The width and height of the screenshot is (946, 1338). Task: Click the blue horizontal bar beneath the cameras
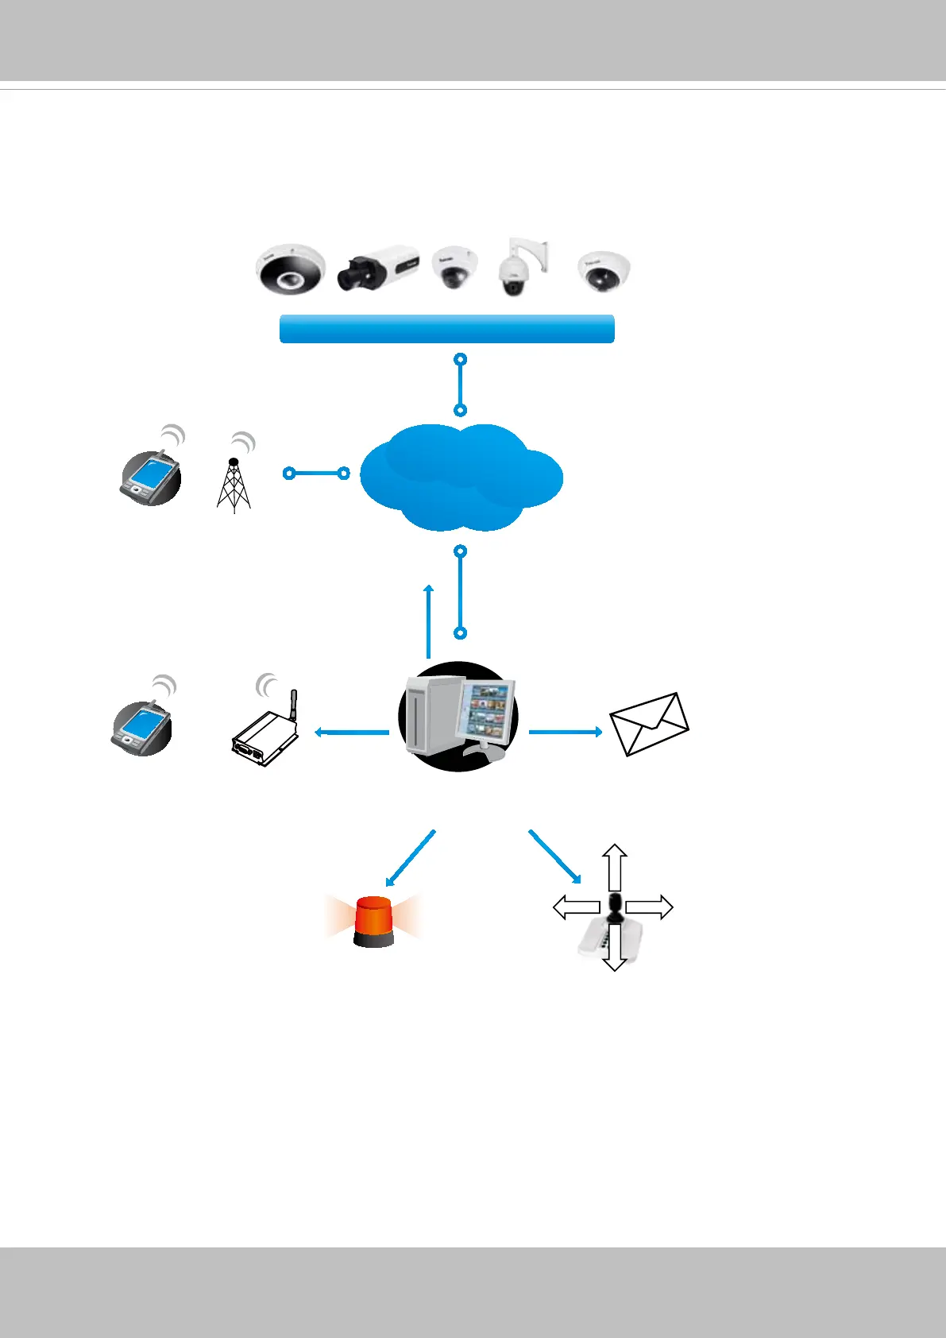(x=447, y=329)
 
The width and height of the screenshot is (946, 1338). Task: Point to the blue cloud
(x=461, y=477)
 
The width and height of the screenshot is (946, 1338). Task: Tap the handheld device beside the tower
(x=151, y=478)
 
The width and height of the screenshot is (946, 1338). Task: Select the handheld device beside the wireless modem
(x=141, y=727)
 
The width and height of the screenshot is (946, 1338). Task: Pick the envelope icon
(x=649, y=724)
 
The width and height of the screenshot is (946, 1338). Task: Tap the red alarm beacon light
(x=374, y=922)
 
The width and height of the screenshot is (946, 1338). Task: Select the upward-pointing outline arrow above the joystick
(x=614, y=867)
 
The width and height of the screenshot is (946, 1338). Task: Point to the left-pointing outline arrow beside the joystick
(x=576, y=907)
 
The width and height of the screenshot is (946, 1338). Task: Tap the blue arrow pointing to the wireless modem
(x=352, y=732)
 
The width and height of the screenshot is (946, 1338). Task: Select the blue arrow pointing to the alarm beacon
(x=411, y=858)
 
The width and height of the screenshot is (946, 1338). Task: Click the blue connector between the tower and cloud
(x=316, y=474)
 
